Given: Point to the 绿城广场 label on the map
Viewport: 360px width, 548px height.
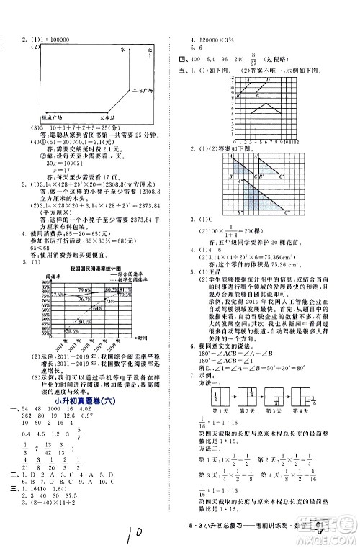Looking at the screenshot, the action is click(x=51, y=116).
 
